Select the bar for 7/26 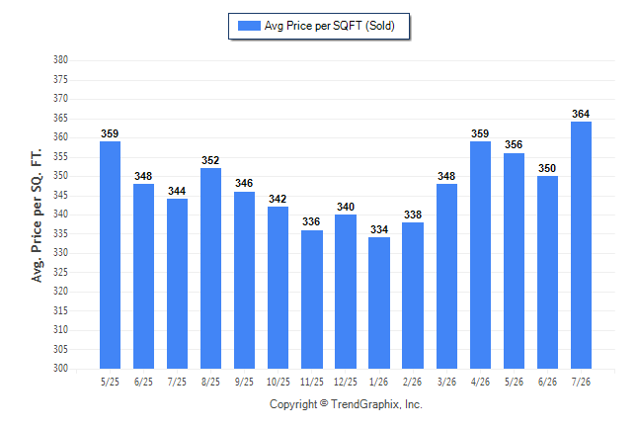581,245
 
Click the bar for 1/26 379,302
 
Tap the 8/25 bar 210,268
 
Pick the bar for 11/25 312,300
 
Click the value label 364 581,114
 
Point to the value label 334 379,229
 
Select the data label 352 210,160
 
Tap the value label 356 514,144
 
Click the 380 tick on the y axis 60,60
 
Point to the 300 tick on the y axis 60,368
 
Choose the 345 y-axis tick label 60,195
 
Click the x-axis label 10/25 279,382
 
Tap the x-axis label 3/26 446,382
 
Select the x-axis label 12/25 346,382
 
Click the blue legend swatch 249,26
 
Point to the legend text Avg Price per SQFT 313,26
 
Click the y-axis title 37,215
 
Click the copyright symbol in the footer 324,403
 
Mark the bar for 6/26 547,272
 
